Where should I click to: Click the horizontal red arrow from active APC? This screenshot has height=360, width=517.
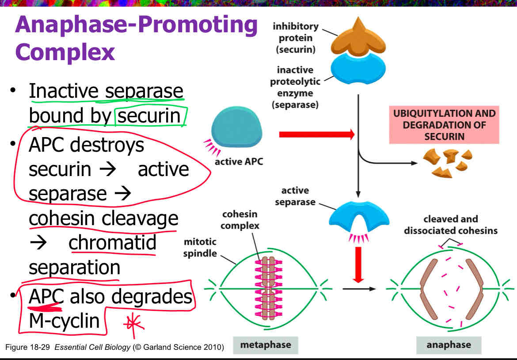click(x=316, y=134)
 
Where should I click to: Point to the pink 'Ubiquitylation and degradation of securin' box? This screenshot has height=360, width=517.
click(x=444, y=125)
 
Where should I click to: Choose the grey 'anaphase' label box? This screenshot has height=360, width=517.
click(x=449, y=345)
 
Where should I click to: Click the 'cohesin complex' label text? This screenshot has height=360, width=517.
click(x=240, y=220)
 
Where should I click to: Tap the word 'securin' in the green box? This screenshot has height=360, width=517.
click(x=149, y=116)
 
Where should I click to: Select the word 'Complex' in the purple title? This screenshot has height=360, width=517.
click(x=65, y=52)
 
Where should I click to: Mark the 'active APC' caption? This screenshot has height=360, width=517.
click(x=238, y=161)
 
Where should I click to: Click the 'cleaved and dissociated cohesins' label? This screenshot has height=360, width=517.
click(x=450, y=225)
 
